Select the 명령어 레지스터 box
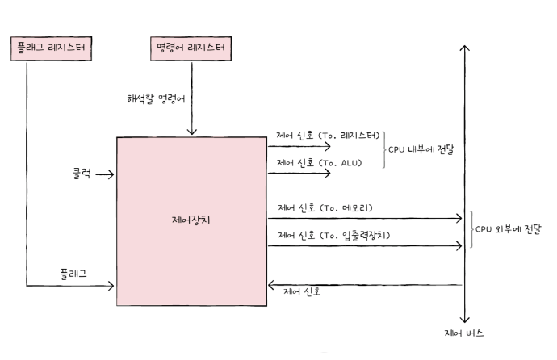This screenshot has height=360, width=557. tap(191, 48)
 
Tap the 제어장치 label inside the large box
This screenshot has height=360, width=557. tap(193, 219)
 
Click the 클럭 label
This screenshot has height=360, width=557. tap(78, 173)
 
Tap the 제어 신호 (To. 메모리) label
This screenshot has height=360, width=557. tap(325, 207)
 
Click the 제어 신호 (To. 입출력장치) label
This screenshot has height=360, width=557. tap(333, 235)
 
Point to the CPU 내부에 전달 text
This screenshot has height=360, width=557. tap(421, 150)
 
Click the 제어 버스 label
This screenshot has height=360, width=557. tap(464, 333)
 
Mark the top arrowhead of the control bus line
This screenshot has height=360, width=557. tap(464, 48)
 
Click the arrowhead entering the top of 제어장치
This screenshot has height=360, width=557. tap(192, 132)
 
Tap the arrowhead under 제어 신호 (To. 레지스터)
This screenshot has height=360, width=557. tap(327, 147)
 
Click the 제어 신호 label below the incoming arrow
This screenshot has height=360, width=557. tap(303, 292)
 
